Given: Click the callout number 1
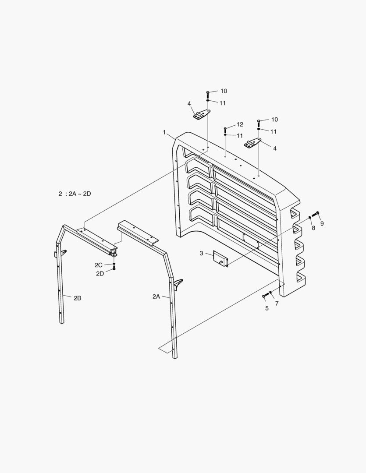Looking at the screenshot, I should pos(164,132).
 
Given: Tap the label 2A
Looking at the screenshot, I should pos(156,297).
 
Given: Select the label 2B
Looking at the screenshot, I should pos(77,298).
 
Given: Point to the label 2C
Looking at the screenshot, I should pos(99,265).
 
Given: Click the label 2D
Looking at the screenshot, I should pos(100,274).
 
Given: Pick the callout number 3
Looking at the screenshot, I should pos(201,253).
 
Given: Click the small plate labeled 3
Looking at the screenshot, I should pos(220,258).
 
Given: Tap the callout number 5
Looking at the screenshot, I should pos(267,308).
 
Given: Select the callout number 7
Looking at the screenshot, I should pos(277,303).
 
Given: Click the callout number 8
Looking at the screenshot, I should pos(313,228).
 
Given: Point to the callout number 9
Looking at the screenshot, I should pos(322,224).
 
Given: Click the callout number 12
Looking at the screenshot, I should pos(240,124).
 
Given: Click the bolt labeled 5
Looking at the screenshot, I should pos(264,297).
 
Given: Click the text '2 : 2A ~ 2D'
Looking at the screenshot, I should pos(75,194).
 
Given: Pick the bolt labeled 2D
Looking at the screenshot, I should pos(114,268).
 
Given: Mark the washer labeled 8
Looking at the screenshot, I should pos(310,217).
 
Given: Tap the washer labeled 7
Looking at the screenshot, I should pos(271,293).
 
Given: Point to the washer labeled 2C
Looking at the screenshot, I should pos(114,264).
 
